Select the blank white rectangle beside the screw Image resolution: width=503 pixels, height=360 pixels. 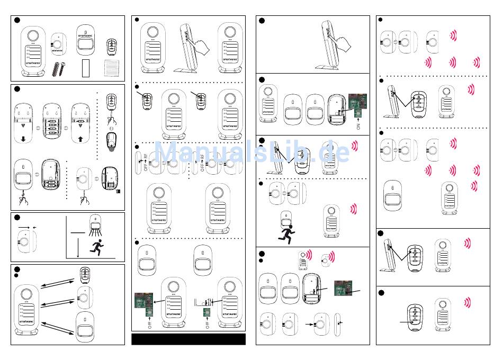(x=88, y=69)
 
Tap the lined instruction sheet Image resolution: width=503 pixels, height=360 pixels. (x=111, y=69)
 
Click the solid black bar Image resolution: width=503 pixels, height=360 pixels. (x=188, y=339)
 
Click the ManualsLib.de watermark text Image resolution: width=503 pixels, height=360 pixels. (x=251, y=152)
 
